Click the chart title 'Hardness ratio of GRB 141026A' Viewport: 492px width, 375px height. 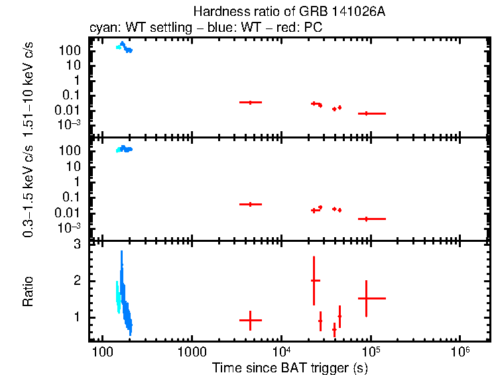(275, 11)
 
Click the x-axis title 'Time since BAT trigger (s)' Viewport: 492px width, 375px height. (290, 367)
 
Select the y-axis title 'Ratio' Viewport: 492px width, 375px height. (28, 292)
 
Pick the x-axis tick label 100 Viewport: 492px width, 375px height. (102, 351)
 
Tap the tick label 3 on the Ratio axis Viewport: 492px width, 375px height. (77, 244)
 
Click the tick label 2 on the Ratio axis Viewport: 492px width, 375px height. (77, 281)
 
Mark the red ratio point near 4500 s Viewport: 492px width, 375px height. (250, 320)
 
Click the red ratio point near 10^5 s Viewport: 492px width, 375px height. (366, 298)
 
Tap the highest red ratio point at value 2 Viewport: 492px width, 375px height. (314, 280)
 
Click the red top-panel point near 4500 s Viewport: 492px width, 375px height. (250, 102)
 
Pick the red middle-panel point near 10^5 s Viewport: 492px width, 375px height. (366, 219)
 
